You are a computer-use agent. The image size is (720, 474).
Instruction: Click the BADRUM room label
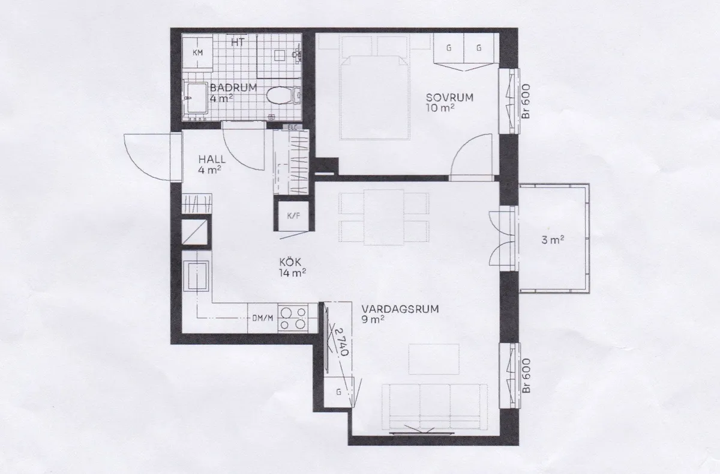pyautogui.click(x=233, y=88)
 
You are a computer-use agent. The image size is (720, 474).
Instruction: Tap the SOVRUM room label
pyautogui.click(x=449, y=97)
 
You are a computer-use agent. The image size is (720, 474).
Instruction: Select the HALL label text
pyautogui.click(x=212, y=159)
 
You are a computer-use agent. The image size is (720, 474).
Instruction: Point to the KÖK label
pyautogui.click(x=290, y=262)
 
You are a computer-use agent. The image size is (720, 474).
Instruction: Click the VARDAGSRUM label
pyautogui.click(x=400, y=309)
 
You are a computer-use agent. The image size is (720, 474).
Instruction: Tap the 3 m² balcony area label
pyautogui.click(x=553, y=240)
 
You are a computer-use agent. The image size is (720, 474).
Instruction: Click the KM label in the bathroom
pyautogui.click(x=197, y=52)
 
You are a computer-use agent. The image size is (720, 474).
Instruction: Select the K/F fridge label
pyautogui.click(x=293, y=216)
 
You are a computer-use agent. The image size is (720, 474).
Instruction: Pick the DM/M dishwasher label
pyautogui.click(x=263, y=318)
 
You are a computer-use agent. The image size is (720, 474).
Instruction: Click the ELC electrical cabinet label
pyautogui.click(x=292, y=127)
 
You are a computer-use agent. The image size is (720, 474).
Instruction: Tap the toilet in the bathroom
pyautogui.click(x=283, y=96)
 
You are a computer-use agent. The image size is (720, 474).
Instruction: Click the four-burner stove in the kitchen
pyautogui.click(x=293, y=318)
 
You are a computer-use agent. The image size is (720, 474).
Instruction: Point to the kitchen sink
pyautogui.click(x=196, y=276)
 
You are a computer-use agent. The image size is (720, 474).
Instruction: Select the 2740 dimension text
pyautogui.click(x=341, y=341)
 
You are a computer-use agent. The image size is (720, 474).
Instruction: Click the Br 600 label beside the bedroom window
pyautogui.click(x=526, y=101)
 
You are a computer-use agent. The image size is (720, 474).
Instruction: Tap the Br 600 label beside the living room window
pyautogui.click(x=526, y=375)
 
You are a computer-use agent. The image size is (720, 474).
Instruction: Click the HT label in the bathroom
pyautogui.click(x=238, y=42)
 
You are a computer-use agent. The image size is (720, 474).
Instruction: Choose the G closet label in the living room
pyautogui.click(x=338, y=392)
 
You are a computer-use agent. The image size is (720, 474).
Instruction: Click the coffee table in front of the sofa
pyautogui.click(x=434, y=359)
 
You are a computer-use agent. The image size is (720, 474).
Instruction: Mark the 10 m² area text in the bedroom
pyautogui.click(x=440, y=108)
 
